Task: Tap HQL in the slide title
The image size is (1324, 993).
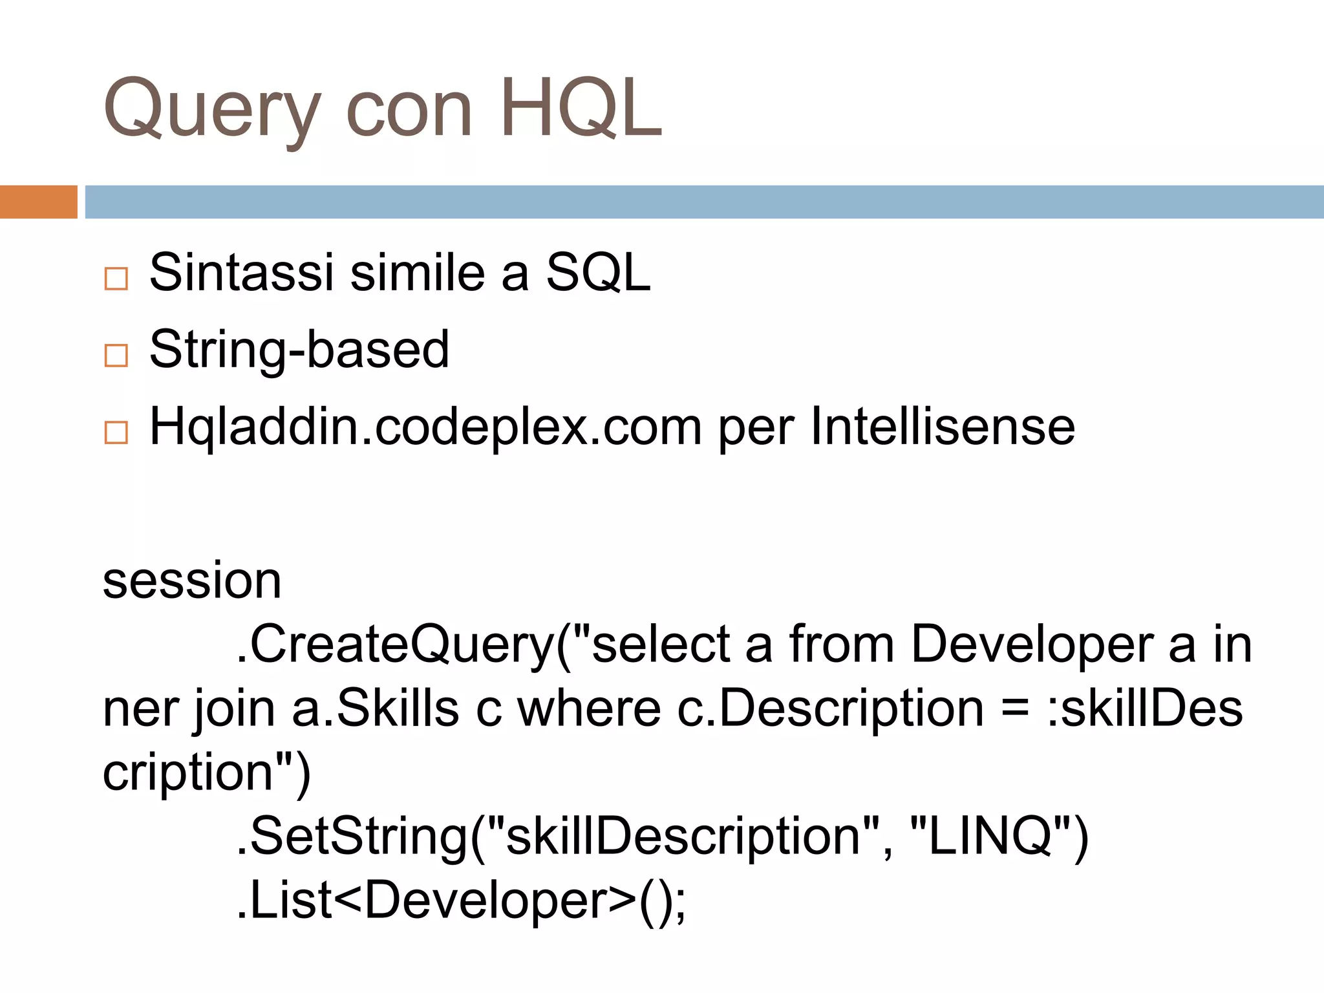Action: (x=581, y=108)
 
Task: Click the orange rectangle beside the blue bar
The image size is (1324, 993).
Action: (x=38, y=202)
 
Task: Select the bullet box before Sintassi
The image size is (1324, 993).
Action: (x=116, y=279)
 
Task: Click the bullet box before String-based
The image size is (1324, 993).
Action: (x=116, y=355)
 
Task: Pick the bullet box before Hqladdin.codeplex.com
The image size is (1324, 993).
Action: (x=116, y=432)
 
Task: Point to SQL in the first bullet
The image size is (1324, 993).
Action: (x=598, y=272)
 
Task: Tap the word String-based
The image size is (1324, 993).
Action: (x=299, y=349)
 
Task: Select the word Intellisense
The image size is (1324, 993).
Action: (x=942, y=427)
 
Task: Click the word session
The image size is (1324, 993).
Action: (x=192, y=581)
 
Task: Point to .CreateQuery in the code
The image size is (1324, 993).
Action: (x=394, y=645)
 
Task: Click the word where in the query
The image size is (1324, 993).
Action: (x=589, y=709)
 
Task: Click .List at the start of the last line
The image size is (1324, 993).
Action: (x=284, y=900)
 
